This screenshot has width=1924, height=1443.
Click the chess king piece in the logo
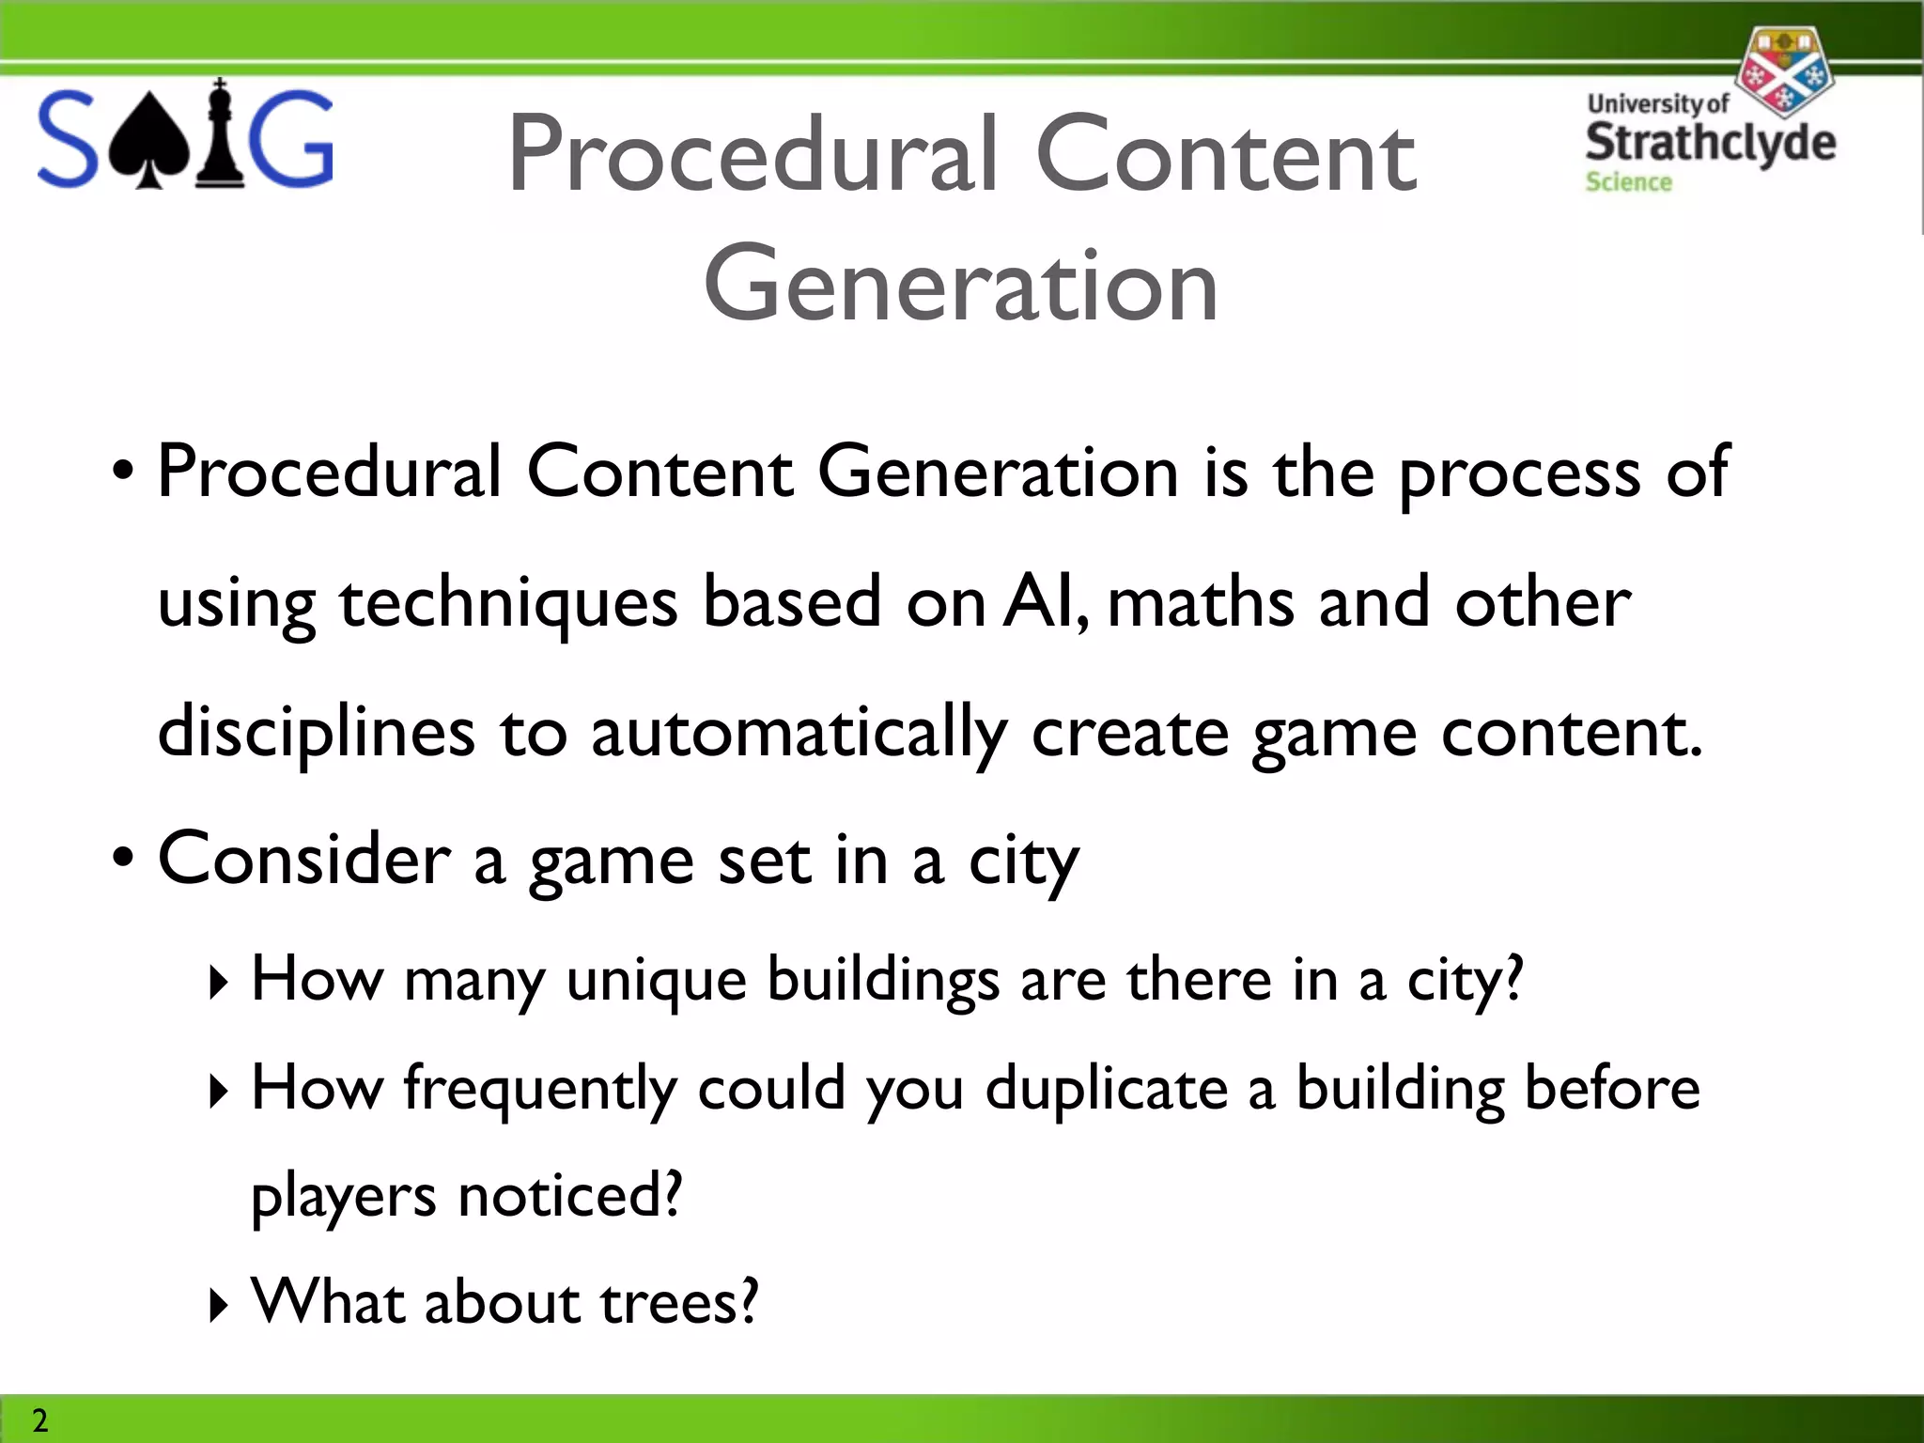click(x=220, y=134)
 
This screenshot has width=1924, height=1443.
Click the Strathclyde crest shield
click(x=1782, y=70)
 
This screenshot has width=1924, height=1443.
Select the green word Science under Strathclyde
click(x=1628, y=182)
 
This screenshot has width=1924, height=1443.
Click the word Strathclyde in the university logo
click(x=1710, y=142)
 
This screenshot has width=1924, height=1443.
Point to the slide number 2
click(x=39, y=1420)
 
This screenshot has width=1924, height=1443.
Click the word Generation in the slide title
click(x=961, y=284)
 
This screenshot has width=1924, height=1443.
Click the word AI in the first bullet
click(x=1045, y=602)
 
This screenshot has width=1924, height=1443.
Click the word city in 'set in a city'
click(x=1023, y=861)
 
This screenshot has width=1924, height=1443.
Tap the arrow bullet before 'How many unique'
click(x=218, y=983)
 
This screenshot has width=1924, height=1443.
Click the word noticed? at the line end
click(x=569, y=1196)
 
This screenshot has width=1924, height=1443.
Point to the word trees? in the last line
click(x=679, y=1303)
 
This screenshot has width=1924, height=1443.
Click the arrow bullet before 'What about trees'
click(x=218, y=1305)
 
